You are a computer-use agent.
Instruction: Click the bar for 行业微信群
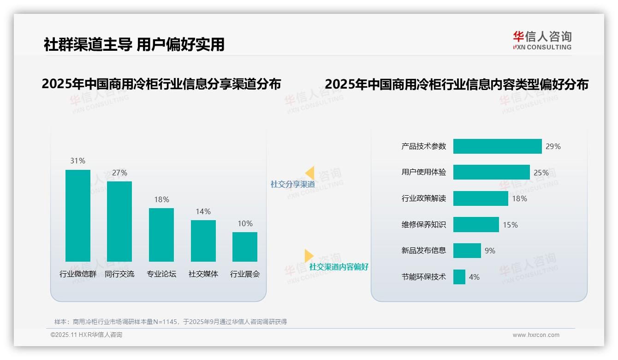tap(78, 216)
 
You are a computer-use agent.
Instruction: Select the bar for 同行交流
tap(119, 222)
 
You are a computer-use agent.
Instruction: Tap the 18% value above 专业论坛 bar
tap(161, 199)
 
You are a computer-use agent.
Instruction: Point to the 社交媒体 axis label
tap(203, 274)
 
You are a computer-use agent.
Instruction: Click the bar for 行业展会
tap(245, 247)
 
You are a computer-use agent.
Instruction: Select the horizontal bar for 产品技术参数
tap(497, 146)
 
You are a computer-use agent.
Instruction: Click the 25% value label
tap(541, 173)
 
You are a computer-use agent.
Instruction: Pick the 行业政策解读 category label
tap(424, 198)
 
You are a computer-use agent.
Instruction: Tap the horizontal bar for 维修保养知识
tap(476, 225)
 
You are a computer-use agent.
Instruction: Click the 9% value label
tap(490, 251)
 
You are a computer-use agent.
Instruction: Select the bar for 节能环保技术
tap(459, 277)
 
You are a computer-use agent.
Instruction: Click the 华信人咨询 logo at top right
tap(542, 40)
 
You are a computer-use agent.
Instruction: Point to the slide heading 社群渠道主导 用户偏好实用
tap(134, 44)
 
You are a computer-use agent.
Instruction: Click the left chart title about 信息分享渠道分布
tap(161, 84)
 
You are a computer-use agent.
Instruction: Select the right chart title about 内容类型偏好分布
tap(456, 84)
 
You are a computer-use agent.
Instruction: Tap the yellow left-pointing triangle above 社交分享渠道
tap(309, 173)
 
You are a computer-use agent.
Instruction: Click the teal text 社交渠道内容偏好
tap(339, 267)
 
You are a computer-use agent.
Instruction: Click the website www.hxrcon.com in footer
tap(536, 335)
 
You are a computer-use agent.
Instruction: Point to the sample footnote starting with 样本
tap(171, 322)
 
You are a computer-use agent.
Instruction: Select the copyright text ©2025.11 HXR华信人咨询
tap(86, 335)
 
